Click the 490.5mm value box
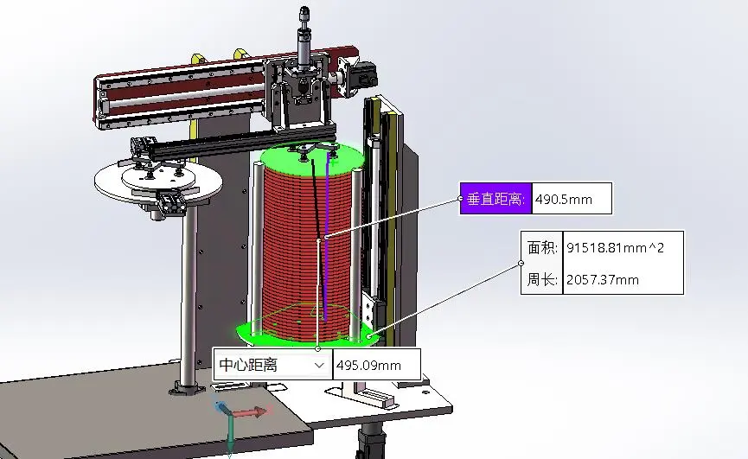pos(572,198)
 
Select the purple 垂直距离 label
pos(495,198)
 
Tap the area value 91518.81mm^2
pos(616,248)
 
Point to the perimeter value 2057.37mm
pos(603,280)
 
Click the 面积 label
pos(542,248)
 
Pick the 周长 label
pos(542,280)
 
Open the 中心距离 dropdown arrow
pos(319,365)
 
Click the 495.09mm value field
pos(376,365)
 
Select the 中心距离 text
pos(248,365)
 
